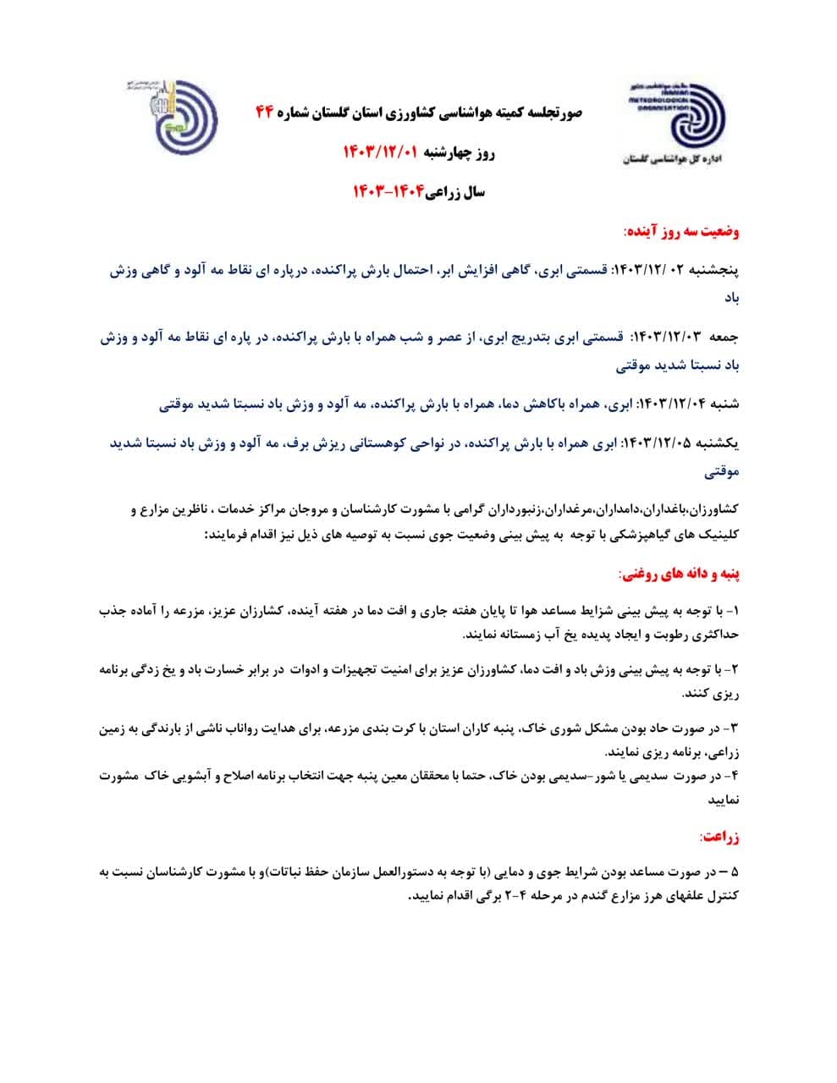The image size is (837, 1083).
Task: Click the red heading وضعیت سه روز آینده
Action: click(x=681, y=230)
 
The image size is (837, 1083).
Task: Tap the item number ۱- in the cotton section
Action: click(x=733, y=610)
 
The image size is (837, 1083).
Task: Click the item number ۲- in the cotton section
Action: click(x=732, y=669)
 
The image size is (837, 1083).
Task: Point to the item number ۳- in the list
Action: click(x=732, y=727)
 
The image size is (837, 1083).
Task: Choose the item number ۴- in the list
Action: click(x=733, y=774)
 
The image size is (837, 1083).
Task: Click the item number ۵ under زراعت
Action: click(x=733, y=871)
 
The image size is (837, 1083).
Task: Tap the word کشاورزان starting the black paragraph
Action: click(x=712, y=510)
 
